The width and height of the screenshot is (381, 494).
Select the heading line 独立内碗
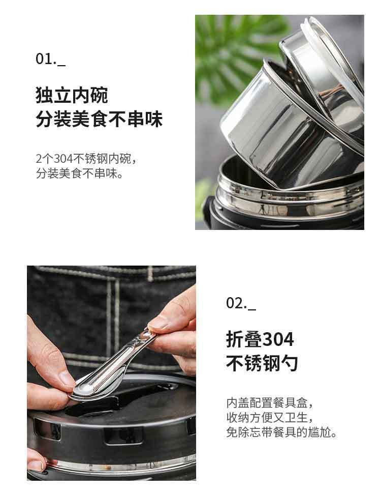point(72,95)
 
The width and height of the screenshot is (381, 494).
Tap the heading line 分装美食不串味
point(99,119)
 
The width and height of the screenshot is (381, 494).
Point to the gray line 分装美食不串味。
point(79,173)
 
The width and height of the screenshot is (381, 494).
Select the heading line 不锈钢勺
point(262,363)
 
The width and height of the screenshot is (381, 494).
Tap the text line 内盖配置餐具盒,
point(270,402)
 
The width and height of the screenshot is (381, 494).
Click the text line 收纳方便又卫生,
point(270,418)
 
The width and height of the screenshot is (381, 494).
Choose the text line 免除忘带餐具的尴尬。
point(281,432)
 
